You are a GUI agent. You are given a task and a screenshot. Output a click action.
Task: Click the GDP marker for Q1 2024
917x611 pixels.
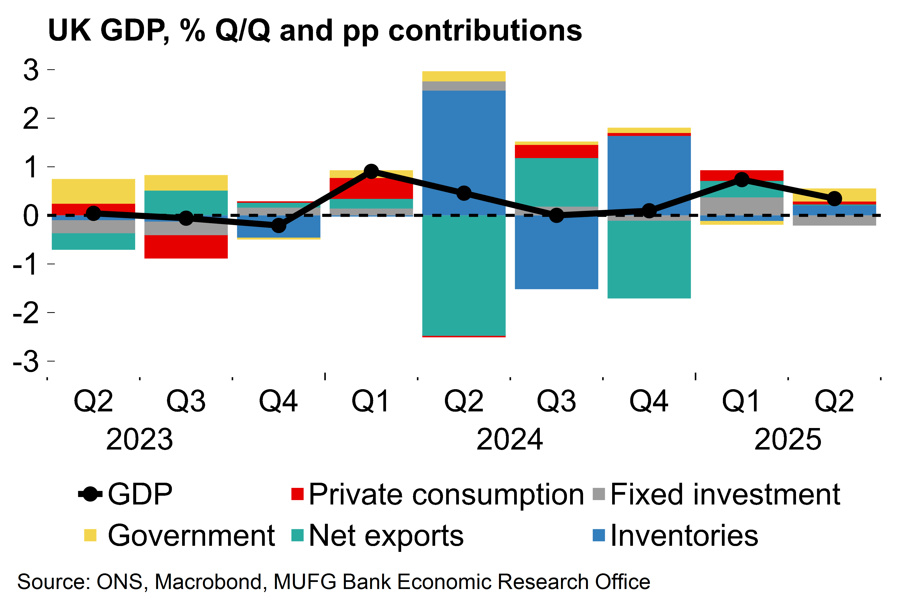[371, 172]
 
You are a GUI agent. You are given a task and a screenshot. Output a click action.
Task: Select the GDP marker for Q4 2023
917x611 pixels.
[278, 225]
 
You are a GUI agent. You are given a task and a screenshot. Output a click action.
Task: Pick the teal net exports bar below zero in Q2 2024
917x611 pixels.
[464, 275]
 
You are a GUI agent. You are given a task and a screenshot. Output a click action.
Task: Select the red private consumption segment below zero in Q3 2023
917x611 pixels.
[186, 247]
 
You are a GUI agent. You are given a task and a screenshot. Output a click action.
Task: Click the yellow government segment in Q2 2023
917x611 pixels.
[94, 191]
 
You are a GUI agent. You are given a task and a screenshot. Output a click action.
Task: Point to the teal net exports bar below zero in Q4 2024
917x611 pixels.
[649, 259]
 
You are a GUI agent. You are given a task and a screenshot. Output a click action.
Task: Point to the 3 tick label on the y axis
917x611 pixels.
[31, 70]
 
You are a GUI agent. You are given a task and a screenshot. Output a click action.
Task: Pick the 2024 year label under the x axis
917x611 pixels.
[509, 439]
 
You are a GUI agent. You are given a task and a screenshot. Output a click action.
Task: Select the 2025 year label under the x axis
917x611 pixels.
[788, 439]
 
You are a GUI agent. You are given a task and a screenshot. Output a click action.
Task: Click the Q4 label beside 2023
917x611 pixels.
[278, 401]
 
